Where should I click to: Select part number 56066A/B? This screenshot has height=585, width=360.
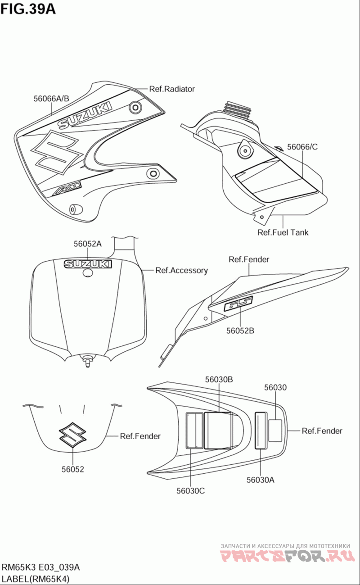51,98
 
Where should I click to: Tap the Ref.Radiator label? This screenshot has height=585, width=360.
172,89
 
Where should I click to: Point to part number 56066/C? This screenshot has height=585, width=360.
302,146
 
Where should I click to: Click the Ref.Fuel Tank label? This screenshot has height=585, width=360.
283,232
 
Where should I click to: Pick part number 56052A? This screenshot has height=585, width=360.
88,244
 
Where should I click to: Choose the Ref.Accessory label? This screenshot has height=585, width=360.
181,270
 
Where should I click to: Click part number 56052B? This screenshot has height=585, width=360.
240,331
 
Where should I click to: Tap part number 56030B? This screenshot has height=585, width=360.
219,380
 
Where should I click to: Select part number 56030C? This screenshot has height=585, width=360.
191,490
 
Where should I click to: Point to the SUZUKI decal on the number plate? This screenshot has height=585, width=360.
88,264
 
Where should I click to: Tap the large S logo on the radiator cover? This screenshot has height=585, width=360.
56,151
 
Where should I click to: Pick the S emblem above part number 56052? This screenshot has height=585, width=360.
72,435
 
